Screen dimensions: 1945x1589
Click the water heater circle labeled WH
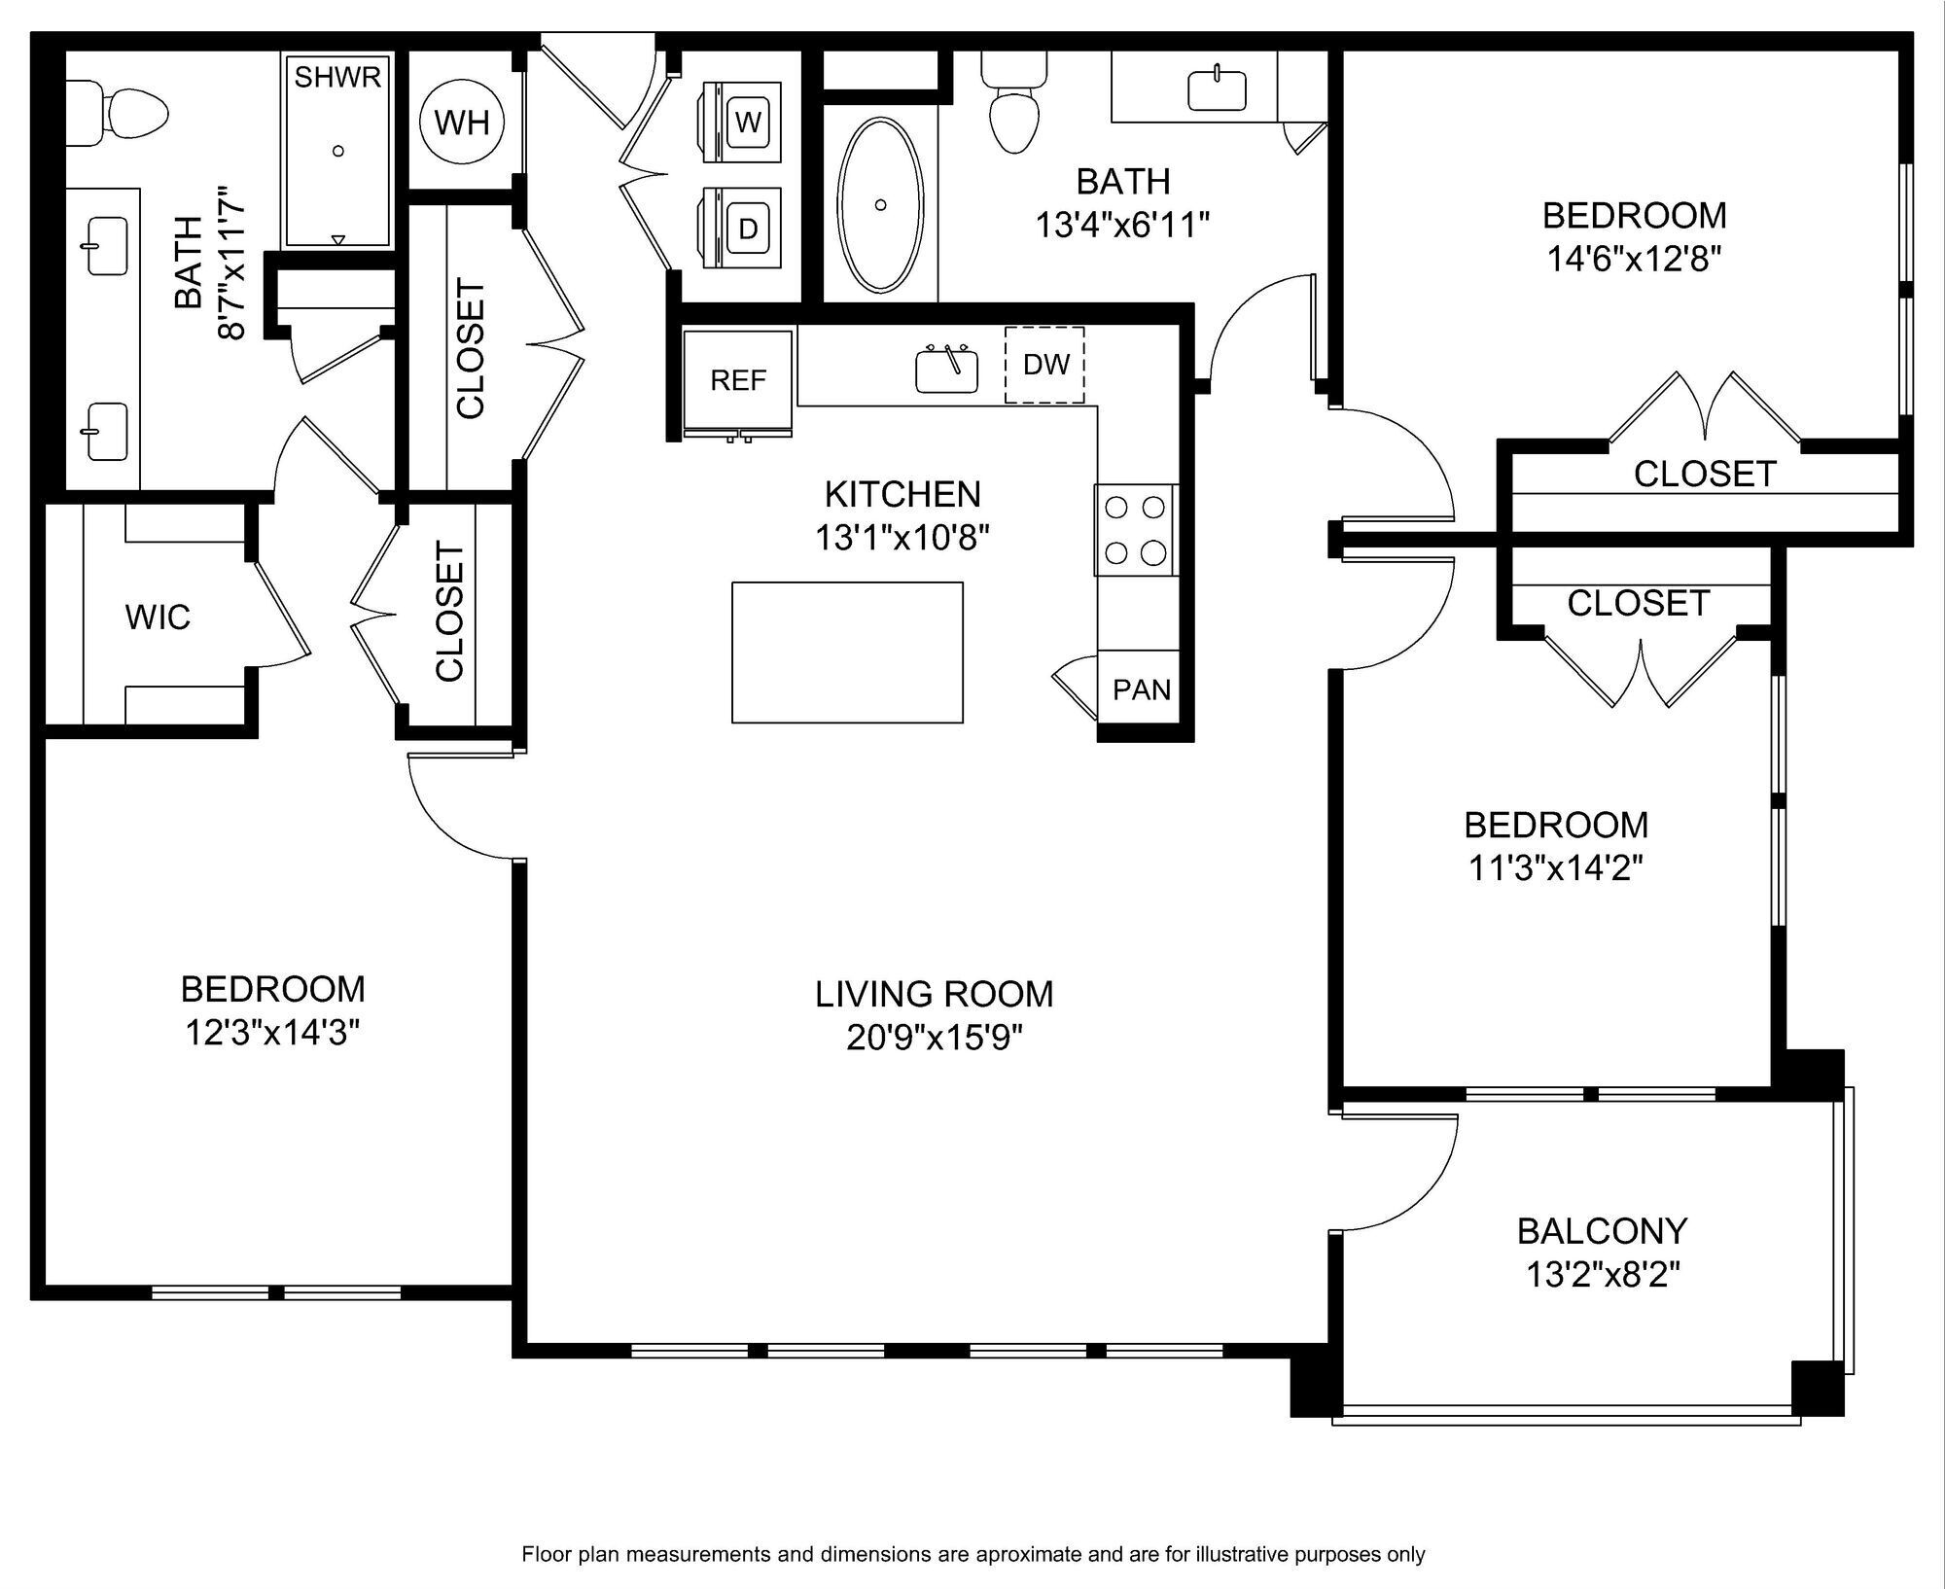pyautogui.click(x=462, y=123)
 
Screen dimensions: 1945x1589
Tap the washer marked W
pyautogui.click(x=741, y=122)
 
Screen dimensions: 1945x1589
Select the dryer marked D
pyautogui.click(x=741, y=227)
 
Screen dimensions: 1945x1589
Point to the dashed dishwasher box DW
pyautogui.click(x=1044, y=365)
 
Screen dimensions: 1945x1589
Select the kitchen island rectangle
pyautogui.click(x=847, y=653)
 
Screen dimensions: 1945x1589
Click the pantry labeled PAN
pyautogui.click(x=1140, y=689)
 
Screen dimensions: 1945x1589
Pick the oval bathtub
pyautogui.click(x=880, y=205)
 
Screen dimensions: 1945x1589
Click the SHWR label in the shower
pyautogui.click(x=337, y=78)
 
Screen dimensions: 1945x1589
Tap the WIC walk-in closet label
pyautogui.click(x=158, y=617)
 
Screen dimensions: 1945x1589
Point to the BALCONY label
pyautogui.click(x=1602, y=1231)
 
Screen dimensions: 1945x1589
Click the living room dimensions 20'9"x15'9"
pyautogui.click(x=935, y=1039)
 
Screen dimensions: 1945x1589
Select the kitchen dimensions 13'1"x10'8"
pyautogui.click(x=902, y=537)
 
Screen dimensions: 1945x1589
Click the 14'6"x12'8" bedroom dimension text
pyautogui.click(x=1634, y=259)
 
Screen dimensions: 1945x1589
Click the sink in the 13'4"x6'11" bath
pyautogui.click(x=1217, y=89)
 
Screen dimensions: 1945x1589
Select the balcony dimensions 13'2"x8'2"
pyautogui.click(x=1603, y=1274)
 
